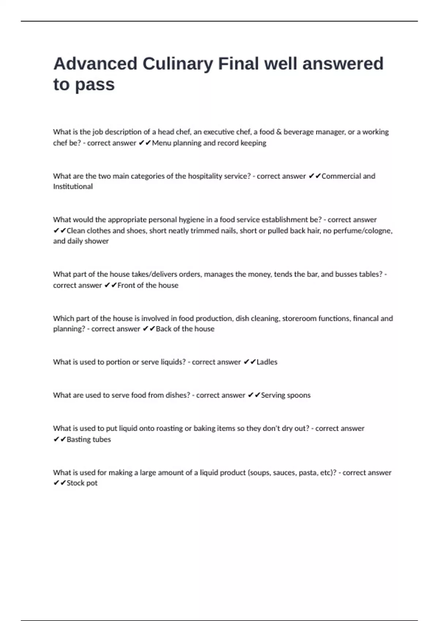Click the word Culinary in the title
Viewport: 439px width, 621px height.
177,64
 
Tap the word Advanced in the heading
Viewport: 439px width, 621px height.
95,64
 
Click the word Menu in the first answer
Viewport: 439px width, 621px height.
161,143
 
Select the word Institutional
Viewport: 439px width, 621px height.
73,187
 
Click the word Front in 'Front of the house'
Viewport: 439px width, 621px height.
126,285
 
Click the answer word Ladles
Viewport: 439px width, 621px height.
267,362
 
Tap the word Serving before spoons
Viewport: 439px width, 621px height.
273,395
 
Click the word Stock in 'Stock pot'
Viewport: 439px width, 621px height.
75,483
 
